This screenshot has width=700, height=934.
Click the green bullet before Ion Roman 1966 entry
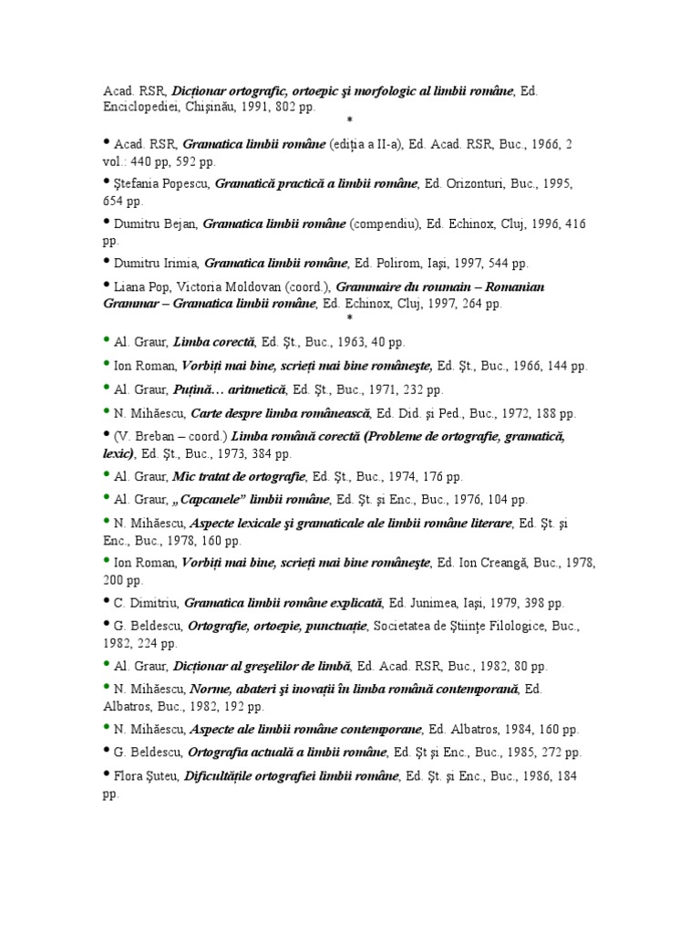(107, 364)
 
